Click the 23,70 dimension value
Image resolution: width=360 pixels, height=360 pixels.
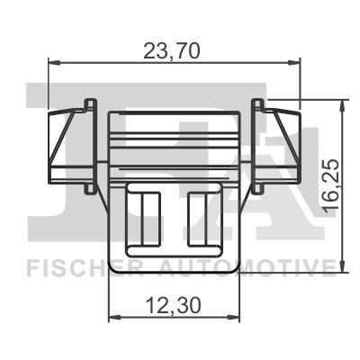click(172, 50)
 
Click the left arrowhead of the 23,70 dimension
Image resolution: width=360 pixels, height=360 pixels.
click(50, 62)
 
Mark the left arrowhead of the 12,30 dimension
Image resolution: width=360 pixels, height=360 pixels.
click(112, 318)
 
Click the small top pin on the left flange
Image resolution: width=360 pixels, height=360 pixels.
click(87, 102)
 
